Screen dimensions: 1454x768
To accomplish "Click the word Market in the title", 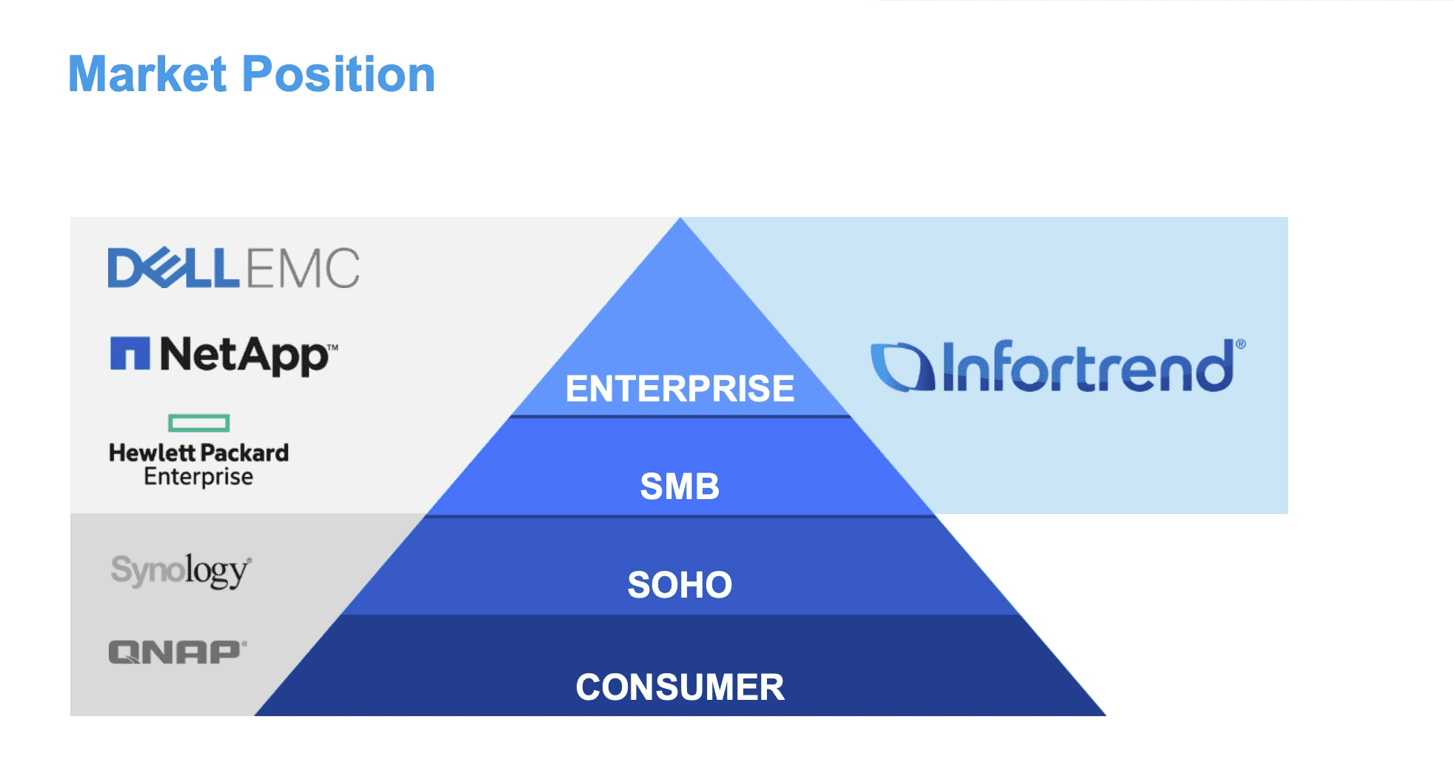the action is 147,74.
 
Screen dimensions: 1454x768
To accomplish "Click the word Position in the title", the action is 339,74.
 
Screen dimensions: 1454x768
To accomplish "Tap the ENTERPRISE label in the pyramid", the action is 680,389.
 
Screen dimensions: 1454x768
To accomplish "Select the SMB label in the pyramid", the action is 680,487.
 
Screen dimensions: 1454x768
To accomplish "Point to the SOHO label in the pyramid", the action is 680,585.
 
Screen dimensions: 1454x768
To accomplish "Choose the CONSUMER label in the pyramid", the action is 680,687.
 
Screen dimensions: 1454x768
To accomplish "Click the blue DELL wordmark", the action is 174,267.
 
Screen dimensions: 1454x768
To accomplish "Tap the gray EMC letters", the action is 303,267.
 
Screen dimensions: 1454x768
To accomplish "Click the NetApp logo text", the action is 244,355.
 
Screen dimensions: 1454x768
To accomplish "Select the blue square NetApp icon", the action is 130,353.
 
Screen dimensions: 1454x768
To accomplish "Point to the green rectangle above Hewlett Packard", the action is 199,423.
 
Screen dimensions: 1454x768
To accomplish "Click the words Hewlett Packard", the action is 198,453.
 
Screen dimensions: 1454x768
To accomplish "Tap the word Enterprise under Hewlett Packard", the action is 198,476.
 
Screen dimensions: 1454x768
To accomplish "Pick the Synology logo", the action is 181,570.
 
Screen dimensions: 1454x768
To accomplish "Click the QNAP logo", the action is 178,652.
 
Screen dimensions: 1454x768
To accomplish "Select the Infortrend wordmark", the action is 1088,366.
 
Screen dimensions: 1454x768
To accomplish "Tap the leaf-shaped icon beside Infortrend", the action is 902,367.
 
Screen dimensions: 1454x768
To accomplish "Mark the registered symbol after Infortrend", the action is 1241,344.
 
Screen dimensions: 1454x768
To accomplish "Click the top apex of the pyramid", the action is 680,218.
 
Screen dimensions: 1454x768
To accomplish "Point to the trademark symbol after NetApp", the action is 333,347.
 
